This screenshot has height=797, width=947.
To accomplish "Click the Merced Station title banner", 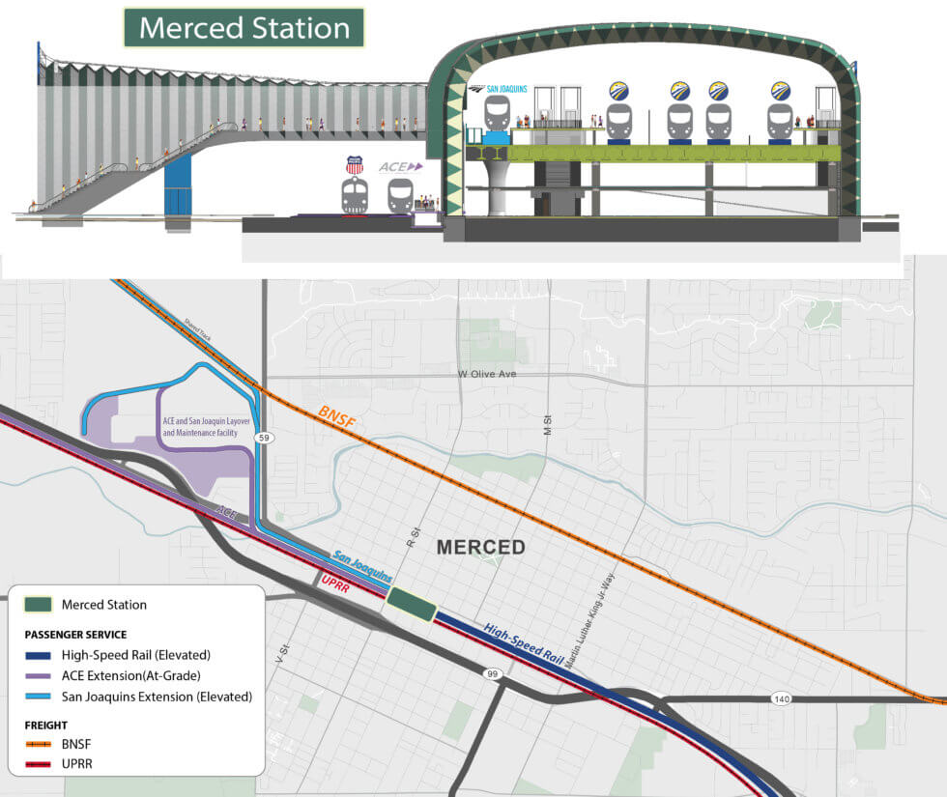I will [244, 27].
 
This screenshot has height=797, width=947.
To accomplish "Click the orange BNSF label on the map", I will [338, 418].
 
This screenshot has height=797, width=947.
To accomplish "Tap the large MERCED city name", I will [480, 548].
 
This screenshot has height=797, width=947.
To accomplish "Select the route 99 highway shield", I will [494, 673].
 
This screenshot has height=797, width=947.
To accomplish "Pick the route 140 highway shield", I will [782, 697].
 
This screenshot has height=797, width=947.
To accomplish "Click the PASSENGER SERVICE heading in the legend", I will [75, 635].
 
